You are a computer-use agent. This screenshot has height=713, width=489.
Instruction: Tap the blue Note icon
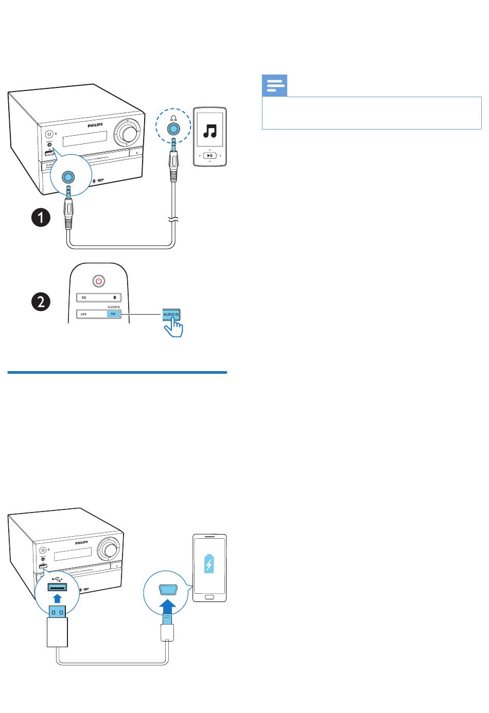pos(275,86)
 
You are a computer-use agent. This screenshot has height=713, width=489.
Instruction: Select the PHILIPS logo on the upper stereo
pos(93,124)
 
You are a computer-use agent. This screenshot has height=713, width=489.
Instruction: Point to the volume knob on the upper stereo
pos(127,132)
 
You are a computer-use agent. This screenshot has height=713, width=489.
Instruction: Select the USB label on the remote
pos(83,314)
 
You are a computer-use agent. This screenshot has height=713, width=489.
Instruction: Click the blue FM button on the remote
pos(113,314)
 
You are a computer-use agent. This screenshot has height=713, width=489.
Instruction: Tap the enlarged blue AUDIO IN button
pos(172,314)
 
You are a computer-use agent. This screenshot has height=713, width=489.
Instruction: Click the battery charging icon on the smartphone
pos(208,562)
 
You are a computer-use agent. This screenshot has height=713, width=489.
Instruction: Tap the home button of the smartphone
pos(209,596)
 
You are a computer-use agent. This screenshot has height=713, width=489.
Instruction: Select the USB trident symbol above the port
pos(57,576)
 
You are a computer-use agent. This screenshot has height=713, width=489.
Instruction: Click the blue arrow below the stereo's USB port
pos(58,598)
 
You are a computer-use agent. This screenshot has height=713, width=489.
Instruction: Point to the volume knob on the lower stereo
pos(109,549)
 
